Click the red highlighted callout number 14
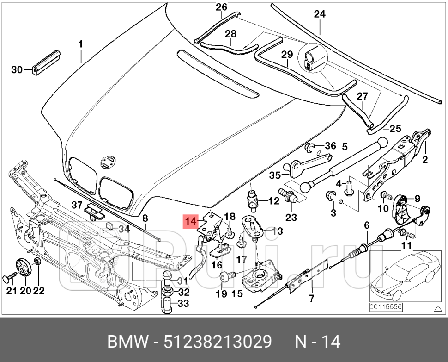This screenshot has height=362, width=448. [x=191, y=222]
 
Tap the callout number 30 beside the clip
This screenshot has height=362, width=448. [x=17, y=70]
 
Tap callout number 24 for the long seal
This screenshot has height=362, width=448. [x=320, y=14]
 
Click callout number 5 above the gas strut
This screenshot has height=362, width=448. [x=344, y=147]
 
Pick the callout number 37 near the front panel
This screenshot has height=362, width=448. [x=76, y=205]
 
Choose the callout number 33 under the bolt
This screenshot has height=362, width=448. [x=183, y=304]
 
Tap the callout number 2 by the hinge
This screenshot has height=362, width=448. [x=425, y=160]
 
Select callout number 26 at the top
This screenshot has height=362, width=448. [x=222, y=7]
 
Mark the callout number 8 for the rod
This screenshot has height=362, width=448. [x=145, y=218]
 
